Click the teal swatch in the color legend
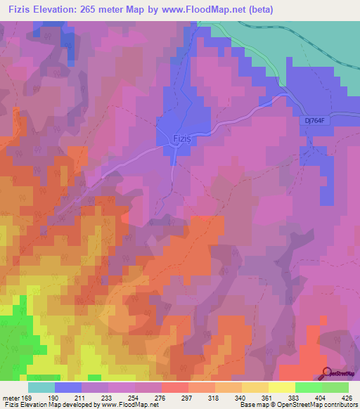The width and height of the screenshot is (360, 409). [x=41, y=387]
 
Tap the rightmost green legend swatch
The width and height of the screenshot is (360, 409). [x=335, y=387]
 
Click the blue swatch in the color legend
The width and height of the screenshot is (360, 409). [x=68, y=387]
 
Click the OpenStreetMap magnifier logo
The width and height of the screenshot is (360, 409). [x=327, y=373]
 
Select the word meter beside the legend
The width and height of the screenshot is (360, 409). [x=11, y=397]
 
